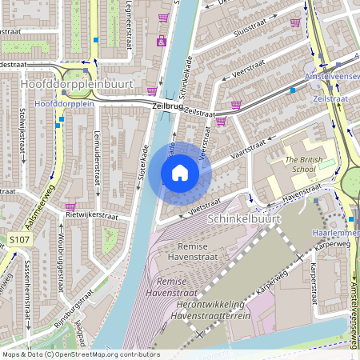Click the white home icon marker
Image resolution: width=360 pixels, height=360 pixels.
(x=180, y=172)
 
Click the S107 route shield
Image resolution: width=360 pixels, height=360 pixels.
(x=20, y=239)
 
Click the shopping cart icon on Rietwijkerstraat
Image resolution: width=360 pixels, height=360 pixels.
(x=70, y=206)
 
